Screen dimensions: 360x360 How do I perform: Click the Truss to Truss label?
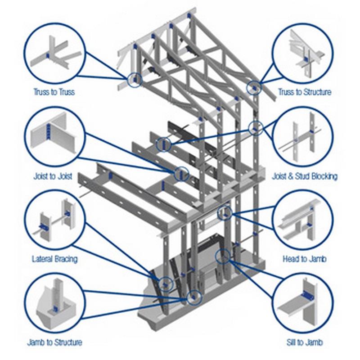coord(54,92)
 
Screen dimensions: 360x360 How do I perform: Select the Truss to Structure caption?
coord(305,92)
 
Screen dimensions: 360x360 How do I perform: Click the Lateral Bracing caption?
coord(54,259)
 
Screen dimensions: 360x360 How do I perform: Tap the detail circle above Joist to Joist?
coord(54,135)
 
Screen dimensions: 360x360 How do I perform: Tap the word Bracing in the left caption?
coord(66,259)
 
